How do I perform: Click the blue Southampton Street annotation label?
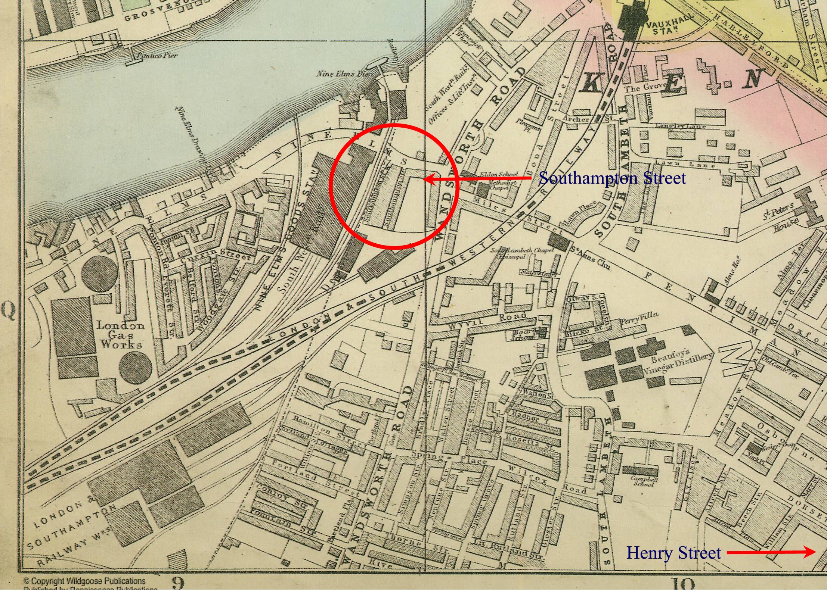[612, 178]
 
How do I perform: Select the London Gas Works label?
[120, 334]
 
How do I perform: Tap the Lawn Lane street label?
[685, 164]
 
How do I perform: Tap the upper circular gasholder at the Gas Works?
[99, 275]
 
